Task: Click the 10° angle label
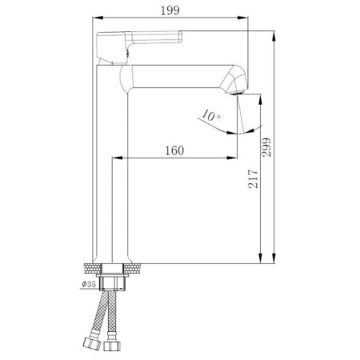(211, 116)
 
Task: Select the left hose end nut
(90, 346)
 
